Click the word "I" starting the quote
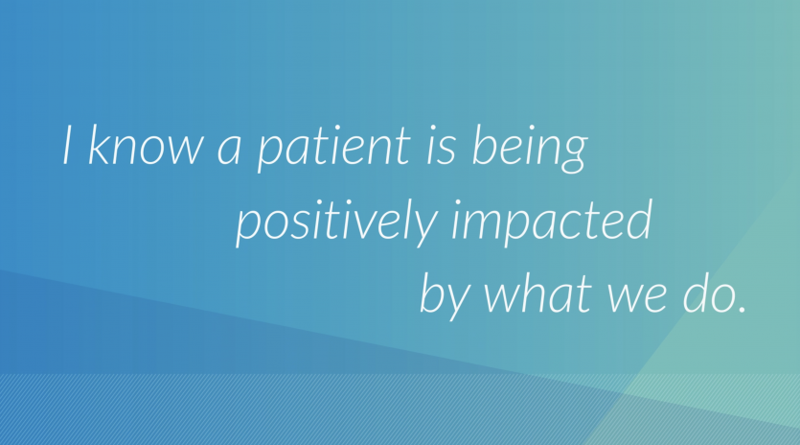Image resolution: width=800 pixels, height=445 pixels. [67, 145]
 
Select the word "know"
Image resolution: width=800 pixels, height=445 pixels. [146, 145]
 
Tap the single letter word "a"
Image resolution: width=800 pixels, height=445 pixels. [229, 152]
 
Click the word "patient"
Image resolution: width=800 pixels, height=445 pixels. [333, 149]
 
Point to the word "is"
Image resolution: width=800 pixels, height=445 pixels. [441, 145]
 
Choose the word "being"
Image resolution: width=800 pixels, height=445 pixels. [530, 148]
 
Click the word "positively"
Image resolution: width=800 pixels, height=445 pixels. [336, 223]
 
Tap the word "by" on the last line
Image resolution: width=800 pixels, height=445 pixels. [444, 296]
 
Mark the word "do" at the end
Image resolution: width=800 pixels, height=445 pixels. [709, 293]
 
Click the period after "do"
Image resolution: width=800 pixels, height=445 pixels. [743, 309]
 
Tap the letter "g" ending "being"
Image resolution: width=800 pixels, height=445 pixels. [573, 155]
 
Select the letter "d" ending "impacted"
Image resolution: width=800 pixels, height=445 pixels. [639, 221]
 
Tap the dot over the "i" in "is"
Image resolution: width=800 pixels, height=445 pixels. [434, 129]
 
